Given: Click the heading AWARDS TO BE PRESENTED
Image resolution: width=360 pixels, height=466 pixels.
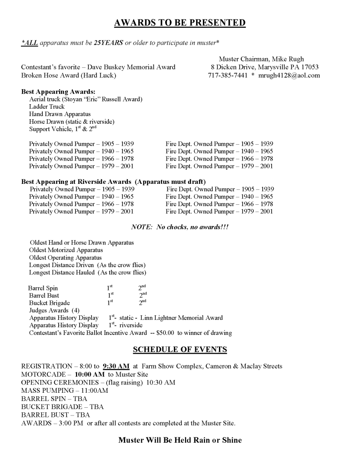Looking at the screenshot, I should coord(180,23).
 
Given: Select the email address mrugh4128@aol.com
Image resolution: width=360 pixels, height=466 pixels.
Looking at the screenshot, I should coord(289,75).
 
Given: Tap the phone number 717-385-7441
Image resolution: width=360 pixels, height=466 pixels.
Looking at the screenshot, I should coord(227,75).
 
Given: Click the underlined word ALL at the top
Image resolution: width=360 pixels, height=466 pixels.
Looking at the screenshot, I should coord(29,43).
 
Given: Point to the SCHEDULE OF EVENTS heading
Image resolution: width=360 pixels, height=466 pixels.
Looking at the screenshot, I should coord(180,349).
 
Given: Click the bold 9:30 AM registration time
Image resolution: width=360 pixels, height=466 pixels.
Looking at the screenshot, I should coord(117,366).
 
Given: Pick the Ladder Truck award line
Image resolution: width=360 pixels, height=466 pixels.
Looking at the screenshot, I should coord(47,106).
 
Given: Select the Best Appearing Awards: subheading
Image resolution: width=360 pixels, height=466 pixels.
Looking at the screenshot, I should coord(58,91).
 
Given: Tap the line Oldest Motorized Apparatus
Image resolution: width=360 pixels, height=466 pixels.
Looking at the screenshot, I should coord(66,250).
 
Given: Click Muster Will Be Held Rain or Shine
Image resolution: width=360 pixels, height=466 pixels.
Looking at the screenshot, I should coord(180,440).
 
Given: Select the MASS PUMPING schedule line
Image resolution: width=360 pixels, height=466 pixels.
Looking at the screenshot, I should coord(65,390).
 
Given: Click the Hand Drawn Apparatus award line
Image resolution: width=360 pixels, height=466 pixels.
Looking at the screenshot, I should coord(60,114).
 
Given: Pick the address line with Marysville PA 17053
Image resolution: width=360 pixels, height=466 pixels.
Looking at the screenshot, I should coord(261,67).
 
